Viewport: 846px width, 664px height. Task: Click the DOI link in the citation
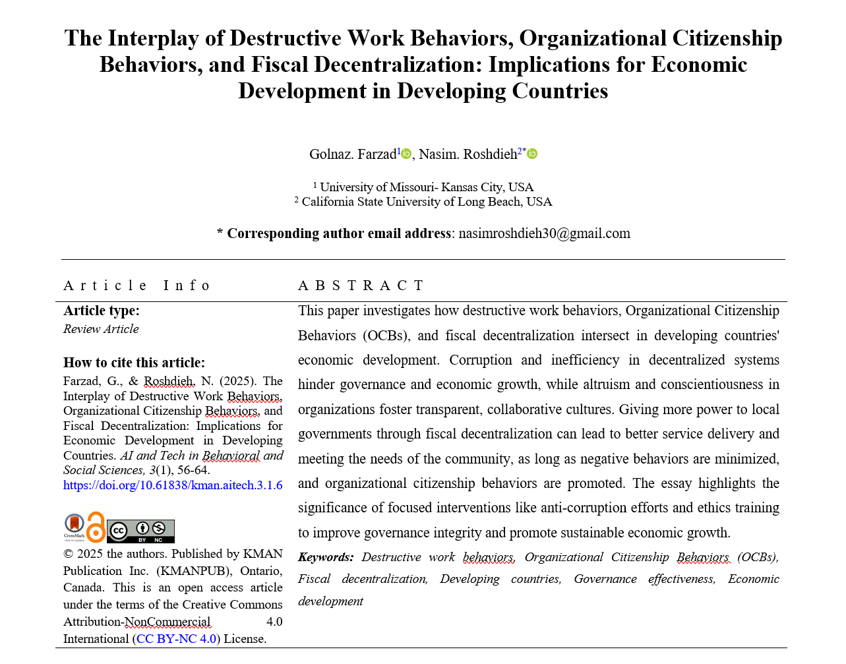173,485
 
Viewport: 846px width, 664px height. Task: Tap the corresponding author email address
544,233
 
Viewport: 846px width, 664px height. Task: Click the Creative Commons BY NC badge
140,531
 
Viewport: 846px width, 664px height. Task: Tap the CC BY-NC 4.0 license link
177,639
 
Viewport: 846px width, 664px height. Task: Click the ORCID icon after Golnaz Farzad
406,154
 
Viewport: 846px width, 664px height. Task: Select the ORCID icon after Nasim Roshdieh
532,154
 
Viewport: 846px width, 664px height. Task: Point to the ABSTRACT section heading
361,286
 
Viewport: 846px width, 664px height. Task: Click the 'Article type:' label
102,311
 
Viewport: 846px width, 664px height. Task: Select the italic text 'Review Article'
101,329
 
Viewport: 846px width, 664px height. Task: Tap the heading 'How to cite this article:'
134,363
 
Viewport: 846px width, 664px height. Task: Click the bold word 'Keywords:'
326,557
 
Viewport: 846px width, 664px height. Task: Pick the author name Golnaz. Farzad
353,154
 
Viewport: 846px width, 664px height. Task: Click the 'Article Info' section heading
137,286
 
